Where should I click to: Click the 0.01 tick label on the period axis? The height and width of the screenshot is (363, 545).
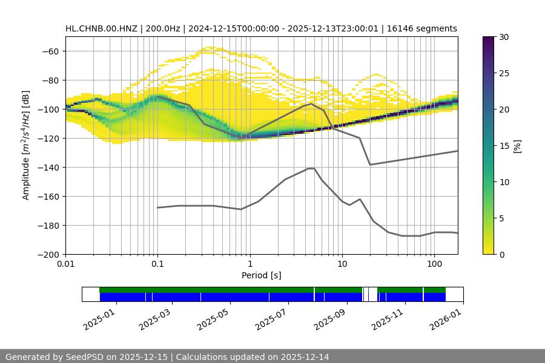pos(65,264)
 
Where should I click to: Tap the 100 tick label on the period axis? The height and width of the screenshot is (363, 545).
pos(434,264)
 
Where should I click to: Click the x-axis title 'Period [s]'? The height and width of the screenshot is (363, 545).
pos(262,275)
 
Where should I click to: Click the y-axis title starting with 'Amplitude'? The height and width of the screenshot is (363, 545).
pos(26,145)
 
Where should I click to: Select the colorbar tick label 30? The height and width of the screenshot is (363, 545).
pos(504,37)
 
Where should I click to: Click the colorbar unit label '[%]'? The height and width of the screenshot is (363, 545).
pos(517,146)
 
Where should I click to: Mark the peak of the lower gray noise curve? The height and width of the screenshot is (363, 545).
pos(311,168)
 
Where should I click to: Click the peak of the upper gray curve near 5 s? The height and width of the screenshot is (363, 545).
pos(311,103)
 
